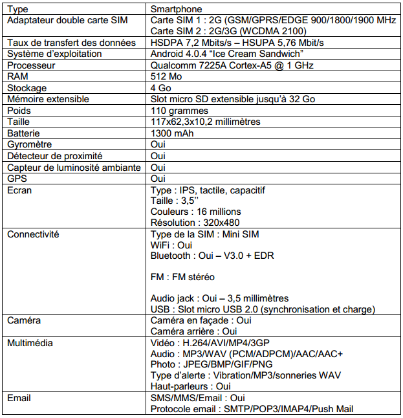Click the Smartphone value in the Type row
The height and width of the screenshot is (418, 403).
(176, 10)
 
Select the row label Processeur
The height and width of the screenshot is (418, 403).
(32, 65)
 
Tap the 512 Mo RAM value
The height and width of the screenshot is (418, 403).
(164, 76)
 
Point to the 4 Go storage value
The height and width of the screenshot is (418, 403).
(161, 87)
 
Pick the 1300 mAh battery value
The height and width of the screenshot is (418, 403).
(172, 133)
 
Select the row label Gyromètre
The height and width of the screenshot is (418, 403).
(29, 144)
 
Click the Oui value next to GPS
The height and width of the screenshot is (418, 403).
(158, 178)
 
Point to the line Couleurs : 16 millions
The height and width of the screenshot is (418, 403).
(195, 212)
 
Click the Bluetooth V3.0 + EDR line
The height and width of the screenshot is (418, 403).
(212, 256)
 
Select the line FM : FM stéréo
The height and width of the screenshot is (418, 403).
(182, 277)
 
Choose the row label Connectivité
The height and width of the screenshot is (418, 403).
(32, 234)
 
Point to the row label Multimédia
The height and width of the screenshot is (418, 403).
(30, 342)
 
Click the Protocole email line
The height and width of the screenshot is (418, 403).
(252, 408)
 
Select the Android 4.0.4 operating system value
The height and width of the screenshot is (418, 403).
(227, 54)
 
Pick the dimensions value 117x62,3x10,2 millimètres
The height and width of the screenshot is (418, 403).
(205, 122)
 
